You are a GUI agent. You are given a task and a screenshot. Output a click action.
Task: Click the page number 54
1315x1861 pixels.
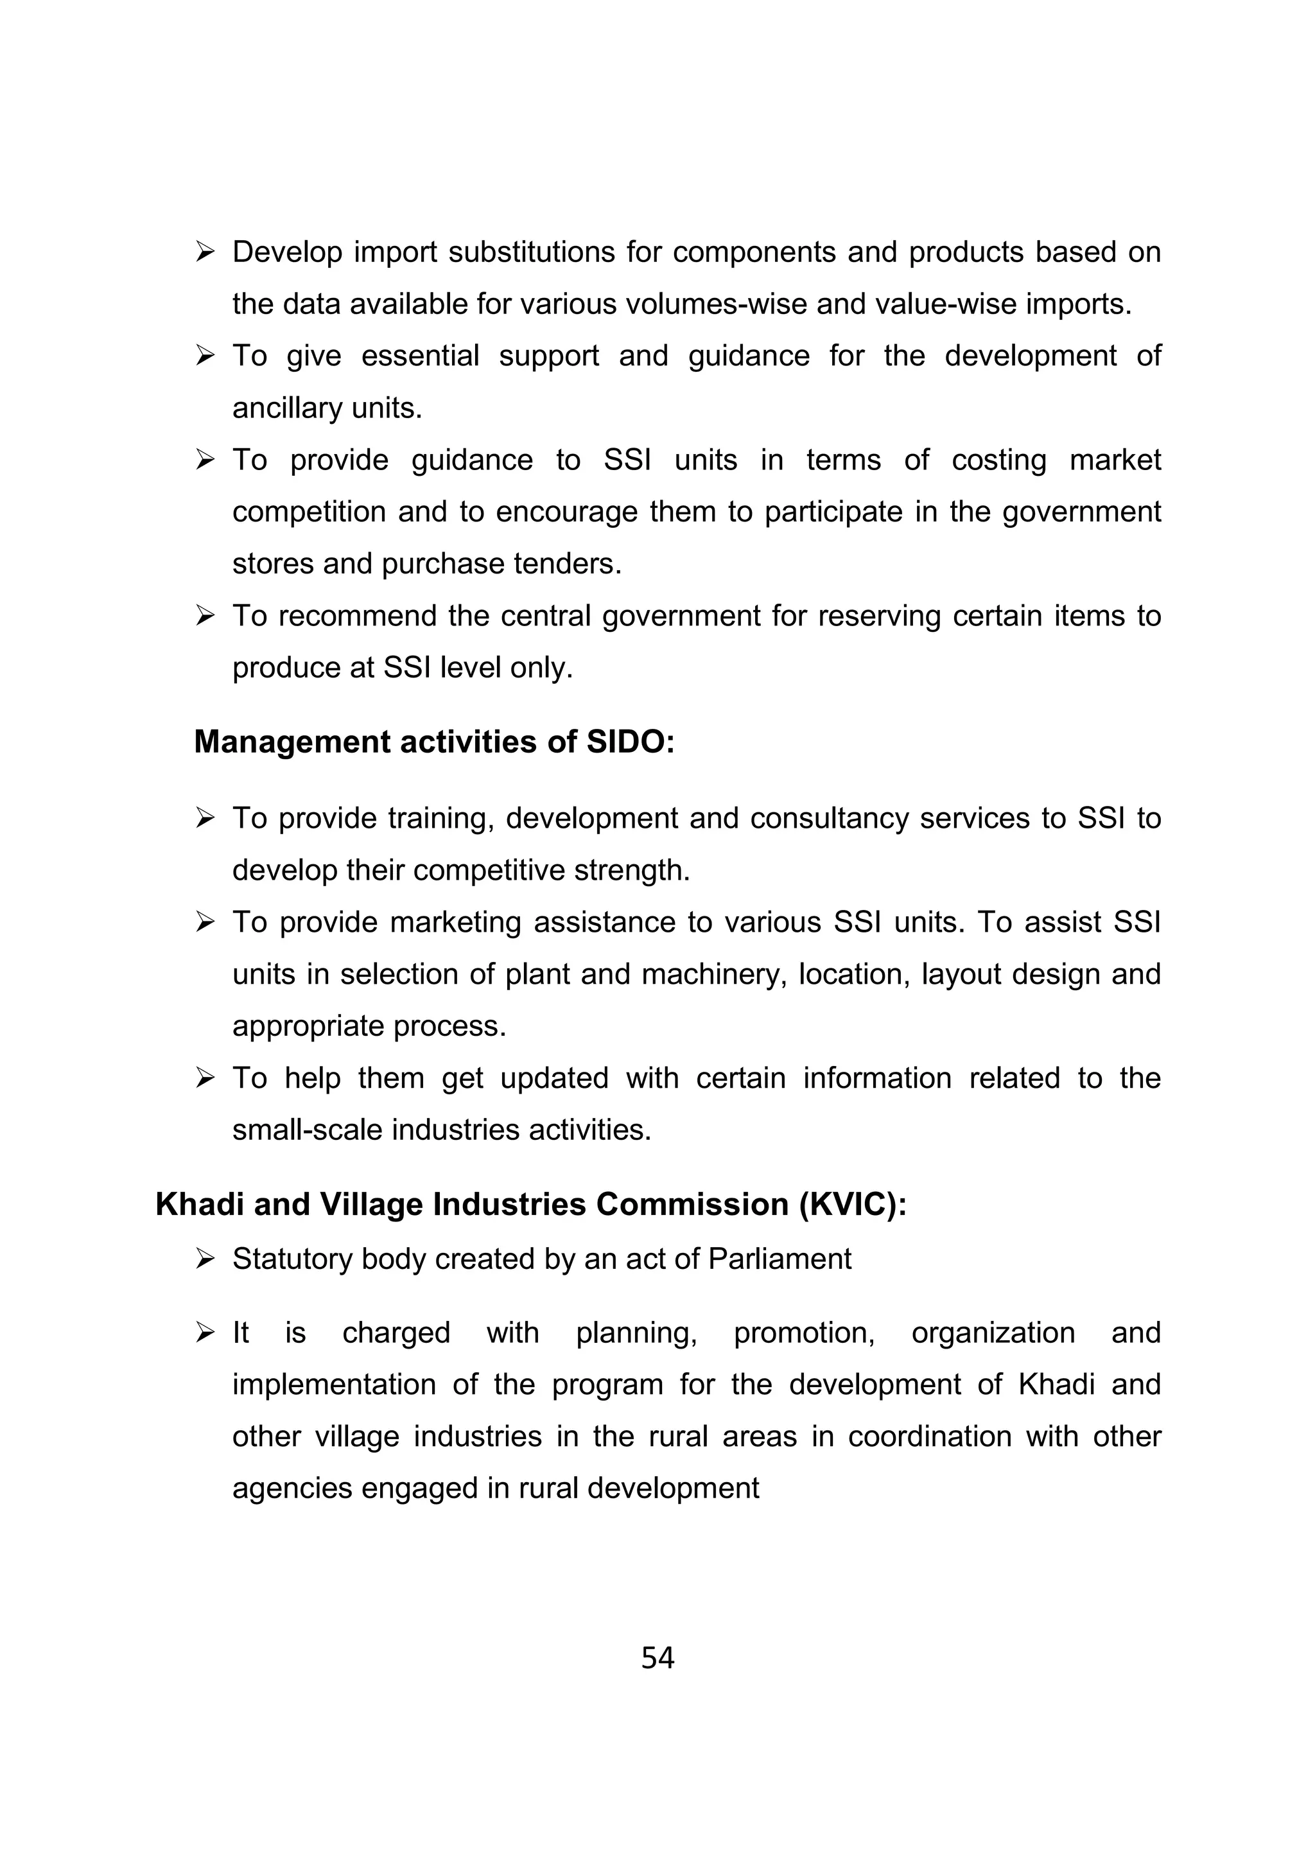[x=657, y=1658]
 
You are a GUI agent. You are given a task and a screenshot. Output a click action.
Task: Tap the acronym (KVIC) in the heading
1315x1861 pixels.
[x=852, y=1205]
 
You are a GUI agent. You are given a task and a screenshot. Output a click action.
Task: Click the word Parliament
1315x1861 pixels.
[x=779, y=1259]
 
